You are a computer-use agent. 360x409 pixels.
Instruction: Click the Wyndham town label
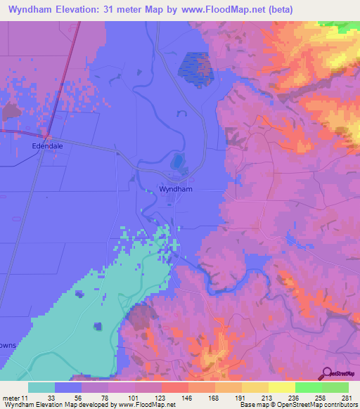176,190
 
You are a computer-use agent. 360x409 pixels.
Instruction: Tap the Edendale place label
48,146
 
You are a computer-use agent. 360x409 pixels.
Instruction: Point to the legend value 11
22,398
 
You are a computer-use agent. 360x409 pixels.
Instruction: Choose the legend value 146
188,398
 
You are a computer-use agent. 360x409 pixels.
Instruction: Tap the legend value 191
241,398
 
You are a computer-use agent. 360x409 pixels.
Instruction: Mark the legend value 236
295,398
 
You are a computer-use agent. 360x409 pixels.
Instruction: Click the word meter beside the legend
9,398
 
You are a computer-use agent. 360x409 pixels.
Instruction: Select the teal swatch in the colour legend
41,387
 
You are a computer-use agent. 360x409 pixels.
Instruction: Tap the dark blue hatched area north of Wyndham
193,66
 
